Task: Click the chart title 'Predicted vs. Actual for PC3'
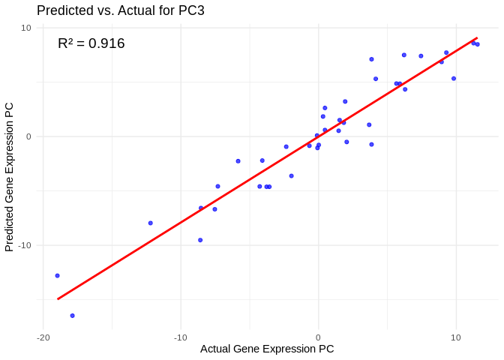click(x=121, y=10)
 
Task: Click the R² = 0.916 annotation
click(x=91, y=43)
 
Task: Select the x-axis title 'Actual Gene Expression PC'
click(x=267, y=349)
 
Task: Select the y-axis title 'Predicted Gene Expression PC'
click(x=9, y=177)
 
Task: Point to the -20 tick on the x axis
click(x=43, y=337)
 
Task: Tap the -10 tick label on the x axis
click(x=180, y=337)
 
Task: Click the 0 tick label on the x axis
click(x=318, y=337)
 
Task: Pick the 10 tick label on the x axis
click(x=455, y=337)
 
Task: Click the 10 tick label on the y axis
click(x=26, y=28)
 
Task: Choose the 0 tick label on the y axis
click(x=28, y=136)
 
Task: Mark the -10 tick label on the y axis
click(x=25, y=245)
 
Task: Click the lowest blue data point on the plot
click(x=72, y=316)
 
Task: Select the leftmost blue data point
click(x=57, y=275)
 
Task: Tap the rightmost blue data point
click(x=477, y=44)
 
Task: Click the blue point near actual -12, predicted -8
click(x=150, y=223)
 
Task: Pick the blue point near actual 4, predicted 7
click(x=371, y=59)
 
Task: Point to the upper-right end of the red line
click(x=477, y=37)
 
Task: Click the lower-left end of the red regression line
click(x=58, y=299)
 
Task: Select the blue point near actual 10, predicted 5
click(x=454, y=79)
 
